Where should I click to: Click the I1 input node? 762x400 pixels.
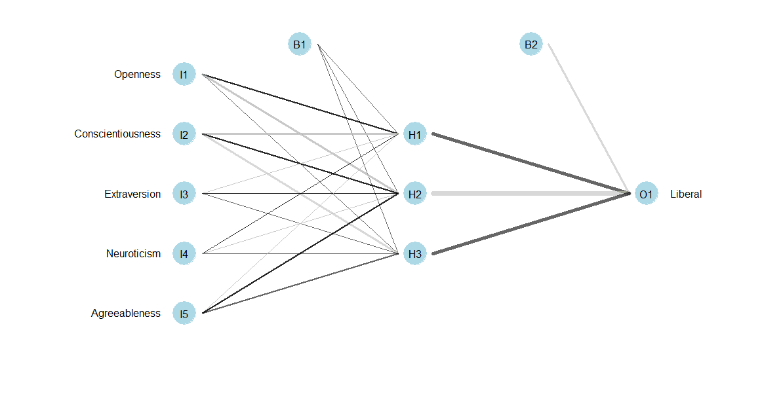(184, 75)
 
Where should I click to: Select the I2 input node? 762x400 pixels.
(184, 134)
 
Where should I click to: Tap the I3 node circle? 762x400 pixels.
(184, 194)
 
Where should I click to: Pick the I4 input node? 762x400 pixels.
(184, 253)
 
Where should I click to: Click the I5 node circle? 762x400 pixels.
(184, 314)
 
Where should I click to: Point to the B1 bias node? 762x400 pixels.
(300, 45)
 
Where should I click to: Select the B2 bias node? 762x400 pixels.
(531, 45)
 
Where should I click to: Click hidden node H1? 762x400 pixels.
(415, 134)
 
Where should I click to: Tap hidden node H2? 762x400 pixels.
(415, 194)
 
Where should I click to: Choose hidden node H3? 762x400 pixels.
(415, 253)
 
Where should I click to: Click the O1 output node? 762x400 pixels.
(646, 194)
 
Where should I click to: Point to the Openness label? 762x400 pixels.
(137, 75)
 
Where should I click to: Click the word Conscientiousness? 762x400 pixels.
(117, 134)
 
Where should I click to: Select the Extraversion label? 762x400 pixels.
(132, 194)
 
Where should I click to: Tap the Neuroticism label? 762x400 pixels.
(133, 253)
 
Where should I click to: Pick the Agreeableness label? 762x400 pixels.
(125, 314)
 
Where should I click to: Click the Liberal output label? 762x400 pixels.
(686, 194)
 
